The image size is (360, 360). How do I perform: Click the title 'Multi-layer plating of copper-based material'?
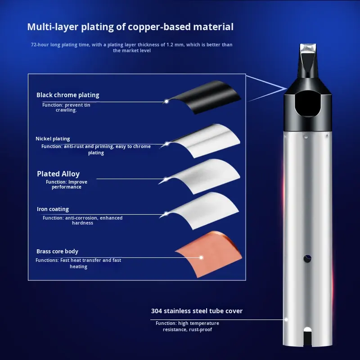point(130,27)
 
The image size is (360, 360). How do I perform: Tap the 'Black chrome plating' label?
point(68,95)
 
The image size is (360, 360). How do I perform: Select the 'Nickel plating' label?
point(53,139)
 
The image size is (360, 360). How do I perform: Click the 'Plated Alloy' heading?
point(58,174)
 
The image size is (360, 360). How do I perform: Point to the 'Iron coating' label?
point(53,209)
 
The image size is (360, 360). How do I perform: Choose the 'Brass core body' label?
point(58,252)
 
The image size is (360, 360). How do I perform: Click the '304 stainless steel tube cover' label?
point(197,311)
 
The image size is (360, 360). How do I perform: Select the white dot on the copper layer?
point(201,257)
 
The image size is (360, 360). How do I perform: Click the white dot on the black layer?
point(166,101)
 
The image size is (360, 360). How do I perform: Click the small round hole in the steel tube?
point(307,258)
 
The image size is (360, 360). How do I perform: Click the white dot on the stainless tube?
point(286,319)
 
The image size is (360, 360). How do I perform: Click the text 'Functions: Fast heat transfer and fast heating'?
point(78,263)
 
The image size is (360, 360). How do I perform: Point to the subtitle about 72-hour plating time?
point(131,48)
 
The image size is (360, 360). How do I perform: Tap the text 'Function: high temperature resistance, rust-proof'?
point(187,326)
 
